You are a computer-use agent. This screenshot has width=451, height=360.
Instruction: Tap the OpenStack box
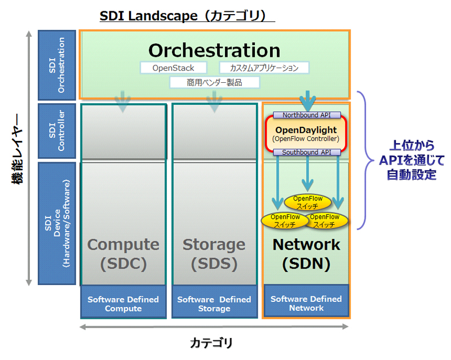tap(174, 68)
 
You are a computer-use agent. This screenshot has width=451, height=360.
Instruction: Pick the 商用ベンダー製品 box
tap(214, 83)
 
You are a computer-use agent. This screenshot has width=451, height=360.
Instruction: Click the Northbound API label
tap(307, 115)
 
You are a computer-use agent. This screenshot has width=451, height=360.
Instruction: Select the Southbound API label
tap(307, 152)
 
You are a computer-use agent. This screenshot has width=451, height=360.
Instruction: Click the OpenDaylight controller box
tap(306, 134)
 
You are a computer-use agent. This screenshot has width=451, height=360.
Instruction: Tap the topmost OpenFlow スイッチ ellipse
tap(307, 202)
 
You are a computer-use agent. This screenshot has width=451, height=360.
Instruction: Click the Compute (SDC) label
tap(123, 254)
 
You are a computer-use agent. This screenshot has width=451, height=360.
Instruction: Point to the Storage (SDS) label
tap(214, 254)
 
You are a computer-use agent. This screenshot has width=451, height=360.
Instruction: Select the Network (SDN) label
tap(306, 254)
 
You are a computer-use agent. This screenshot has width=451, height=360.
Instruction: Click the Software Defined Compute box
tap(123, 304)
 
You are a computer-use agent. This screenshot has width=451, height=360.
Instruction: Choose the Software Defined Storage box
tap(214, 304)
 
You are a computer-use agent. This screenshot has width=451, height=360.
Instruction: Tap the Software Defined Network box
tap(306, 303)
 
